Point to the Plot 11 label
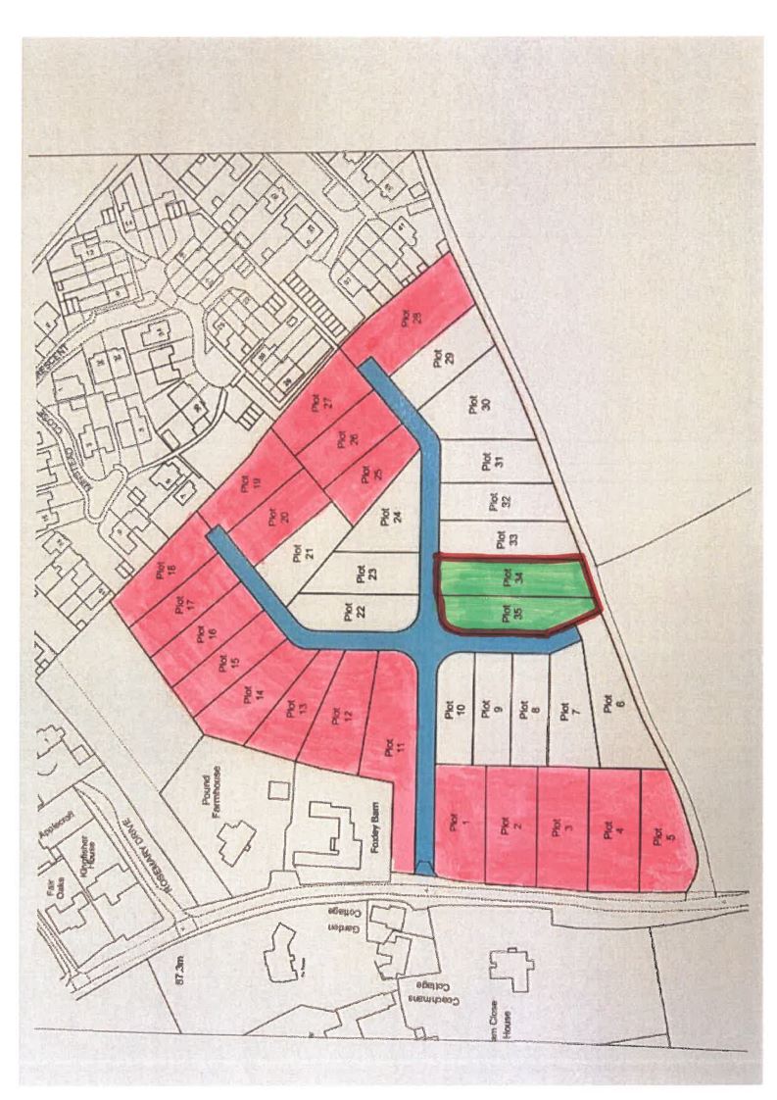(x=390, y=749)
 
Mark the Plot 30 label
(x=478, y=403)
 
